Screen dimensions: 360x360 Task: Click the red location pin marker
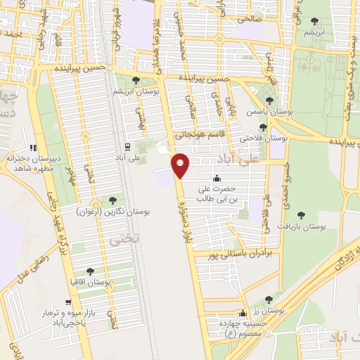tap(181, 165)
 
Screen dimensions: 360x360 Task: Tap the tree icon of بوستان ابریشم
tap(136, 81)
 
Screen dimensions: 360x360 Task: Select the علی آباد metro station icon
tap(127, 146)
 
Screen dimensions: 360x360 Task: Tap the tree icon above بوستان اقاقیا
tap(91, 271)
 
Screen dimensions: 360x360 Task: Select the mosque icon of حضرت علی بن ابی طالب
tap(217, 177)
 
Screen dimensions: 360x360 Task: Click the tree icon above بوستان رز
tap(269, 300)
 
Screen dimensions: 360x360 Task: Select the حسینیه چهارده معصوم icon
tap(243, 314)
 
